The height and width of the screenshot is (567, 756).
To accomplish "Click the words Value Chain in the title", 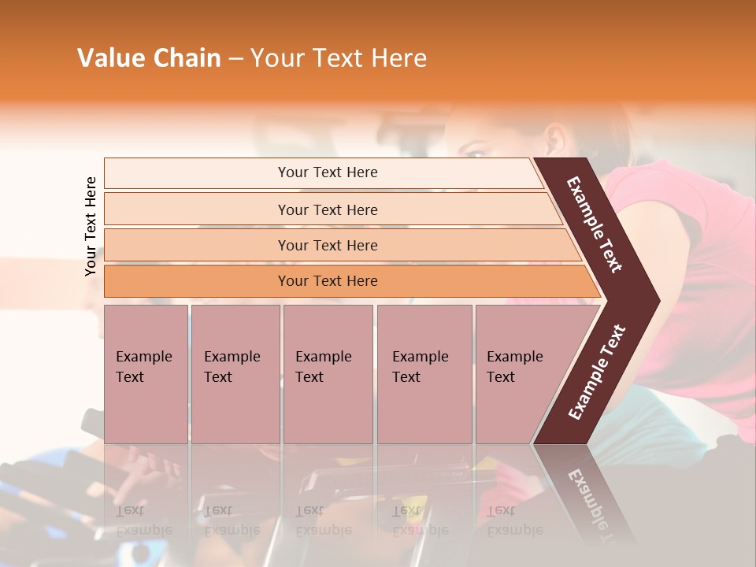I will [149, 58].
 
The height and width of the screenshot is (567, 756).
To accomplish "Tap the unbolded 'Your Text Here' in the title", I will [339, 58].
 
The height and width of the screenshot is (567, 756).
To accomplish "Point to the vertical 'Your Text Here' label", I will [91, 226].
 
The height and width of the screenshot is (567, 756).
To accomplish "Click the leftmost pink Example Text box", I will [146, 374].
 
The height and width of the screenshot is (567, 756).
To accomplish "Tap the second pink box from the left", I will [235, 374].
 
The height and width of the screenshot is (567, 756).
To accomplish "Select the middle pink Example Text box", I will [328, 374].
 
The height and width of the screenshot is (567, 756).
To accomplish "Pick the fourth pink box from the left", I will [424, 374].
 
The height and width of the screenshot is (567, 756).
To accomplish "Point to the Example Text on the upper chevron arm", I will [595, 224].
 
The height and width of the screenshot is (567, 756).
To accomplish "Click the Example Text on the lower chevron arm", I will [597, 372].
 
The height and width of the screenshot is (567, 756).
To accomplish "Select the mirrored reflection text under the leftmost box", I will [144, 520].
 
